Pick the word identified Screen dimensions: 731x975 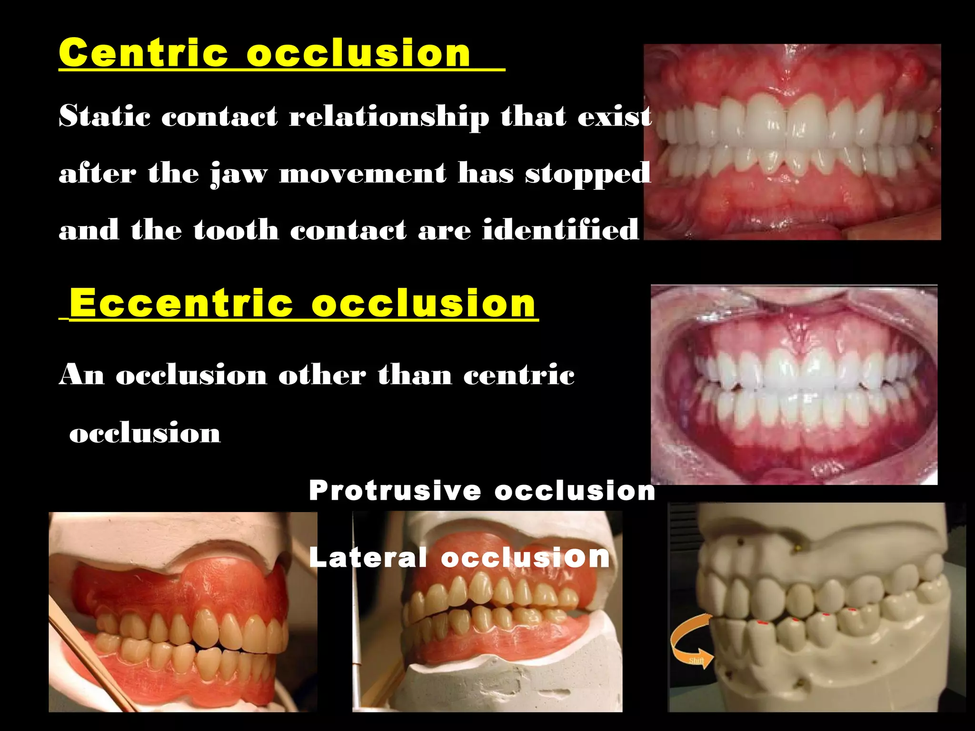coord(560,230)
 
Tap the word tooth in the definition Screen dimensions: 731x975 coord(236,230)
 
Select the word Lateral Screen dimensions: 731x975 coord(368,557)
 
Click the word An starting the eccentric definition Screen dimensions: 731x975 coord(81,375)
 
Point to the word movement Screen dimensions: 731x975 coord(362,173)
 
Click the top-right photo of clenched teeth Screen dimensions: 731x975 coord(792,142)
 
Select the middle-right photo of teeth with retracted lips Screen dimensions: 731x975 coord(794,385)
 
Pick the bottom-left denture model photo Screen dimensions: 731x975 coord(183,612)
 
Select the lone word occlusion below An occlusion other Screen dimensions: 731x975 coord(145,433)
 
